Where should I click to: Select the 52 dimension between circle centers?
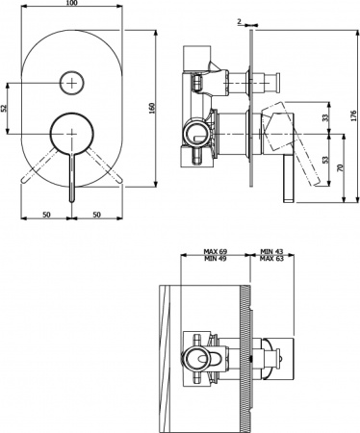click(5, 107)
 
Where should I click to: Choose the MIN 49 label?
click(216, 262)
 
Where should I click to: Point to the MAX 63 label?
click(272, 262)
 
